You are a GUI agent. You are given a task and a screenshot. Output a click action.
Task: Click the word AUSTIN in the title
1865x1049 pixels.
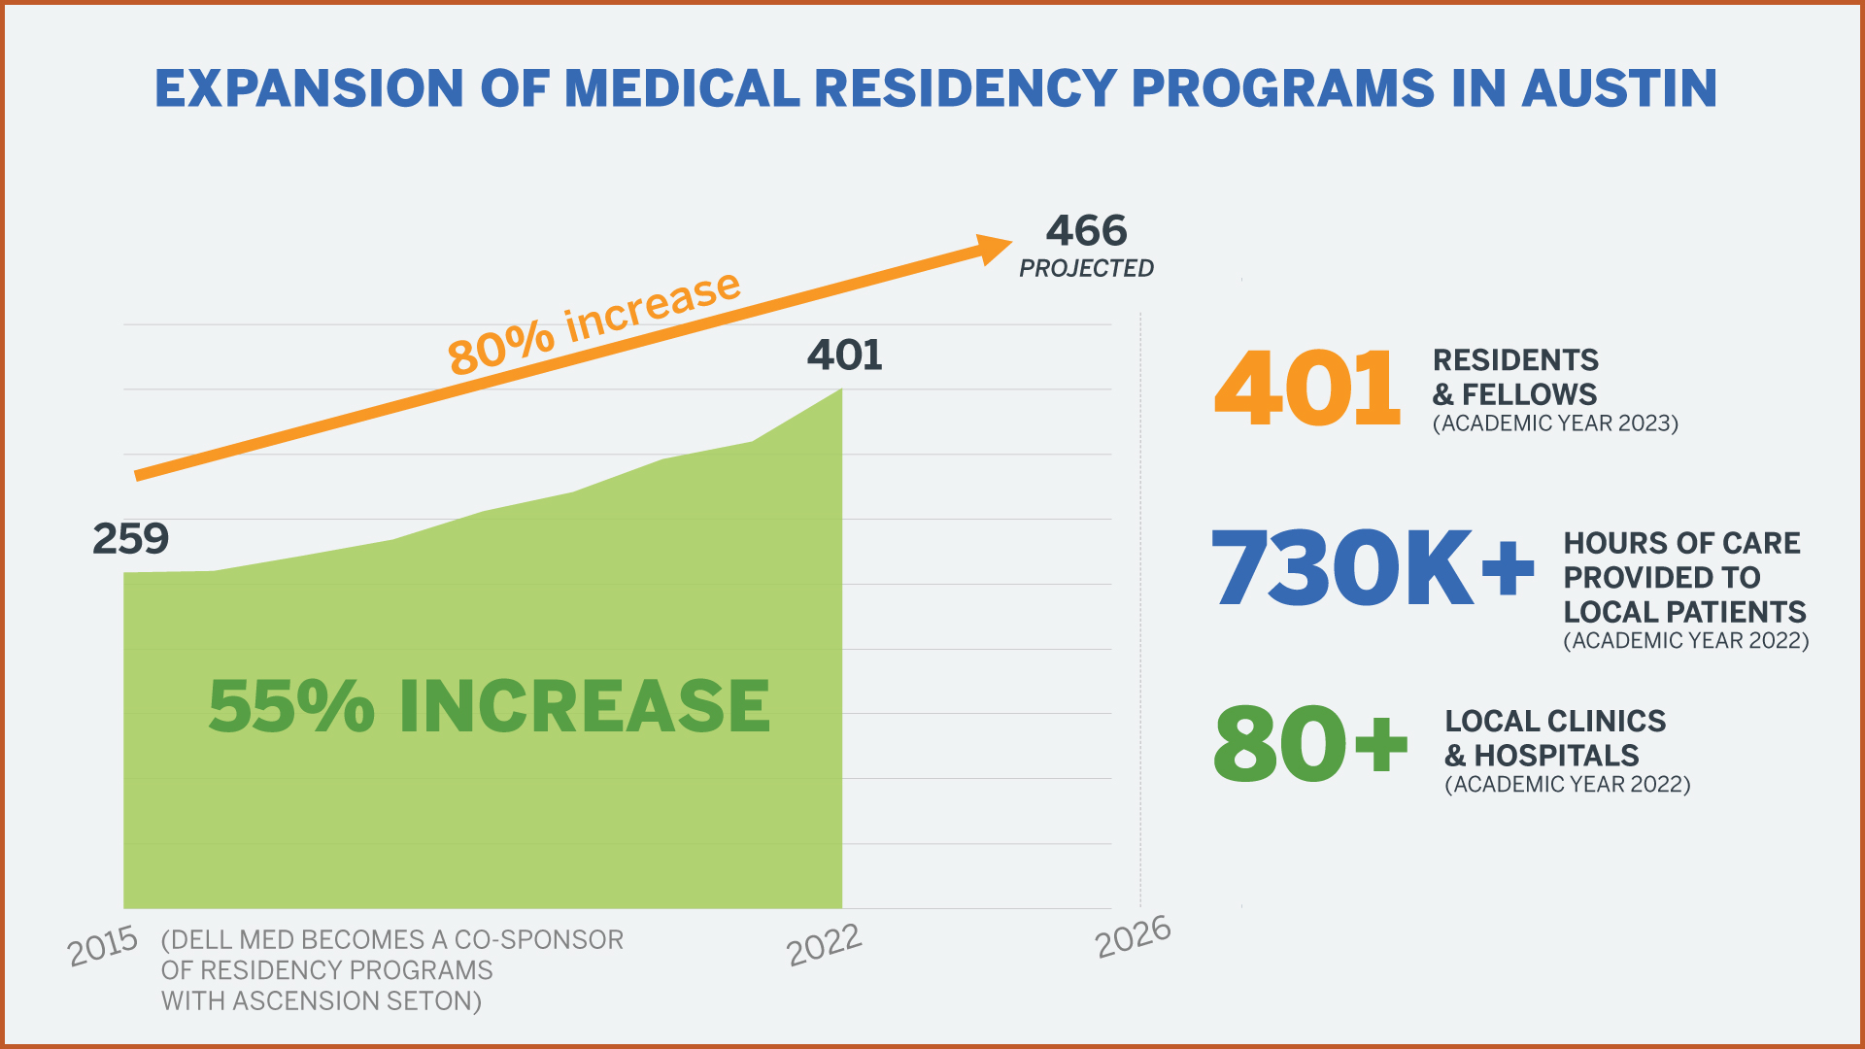tap(1619, 88)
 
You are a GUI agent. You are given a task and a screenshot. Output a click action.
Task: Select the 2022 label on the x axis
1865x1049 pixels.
tap(825, 944)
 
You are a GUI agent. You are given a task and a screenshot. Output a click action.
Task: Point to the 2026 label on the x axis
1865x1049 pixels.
tap(1133, 937)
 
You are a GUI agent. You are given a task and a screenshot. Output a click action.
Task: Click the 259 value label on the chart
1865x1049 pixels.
tap(131, 538)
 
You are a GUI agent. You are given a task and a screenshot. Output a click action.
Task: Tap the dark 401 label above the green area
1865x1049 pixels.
tap(845, 355)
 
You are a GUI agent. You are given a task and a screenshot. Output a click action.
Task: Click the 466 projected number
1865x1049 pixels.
tap(1087, 231)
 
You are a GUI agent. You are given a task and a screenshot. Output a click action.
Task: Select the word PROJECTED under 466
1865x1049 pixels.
tap(1087, 268)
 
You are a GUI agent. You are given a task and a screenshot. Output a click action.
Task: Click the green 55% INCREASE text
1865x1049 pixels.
tap(490, 705)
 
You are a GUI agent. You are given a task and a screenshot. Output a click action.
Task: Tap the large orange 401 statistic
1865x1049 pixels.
tap(1307, 389)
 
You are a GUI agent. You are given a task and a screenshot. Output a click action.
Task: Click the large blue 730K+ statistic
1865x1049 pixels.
tap(1373, 567)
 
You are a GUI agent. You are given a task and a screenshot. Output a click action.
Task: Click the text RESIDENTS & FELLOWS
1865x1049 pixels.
tap(1515, 377)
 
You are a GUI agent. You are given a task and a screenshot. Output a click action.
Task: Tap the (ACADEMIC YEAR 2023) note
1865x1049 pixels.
tap(1555, 423)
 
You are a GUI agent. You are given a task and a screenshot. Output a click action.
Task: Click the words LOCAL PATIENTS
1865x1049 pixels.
tap(1685, 612)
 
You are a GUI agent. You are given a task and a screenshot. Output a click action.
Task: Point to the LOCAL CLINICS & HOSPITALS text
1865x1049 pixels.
tap(1555, 738)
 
